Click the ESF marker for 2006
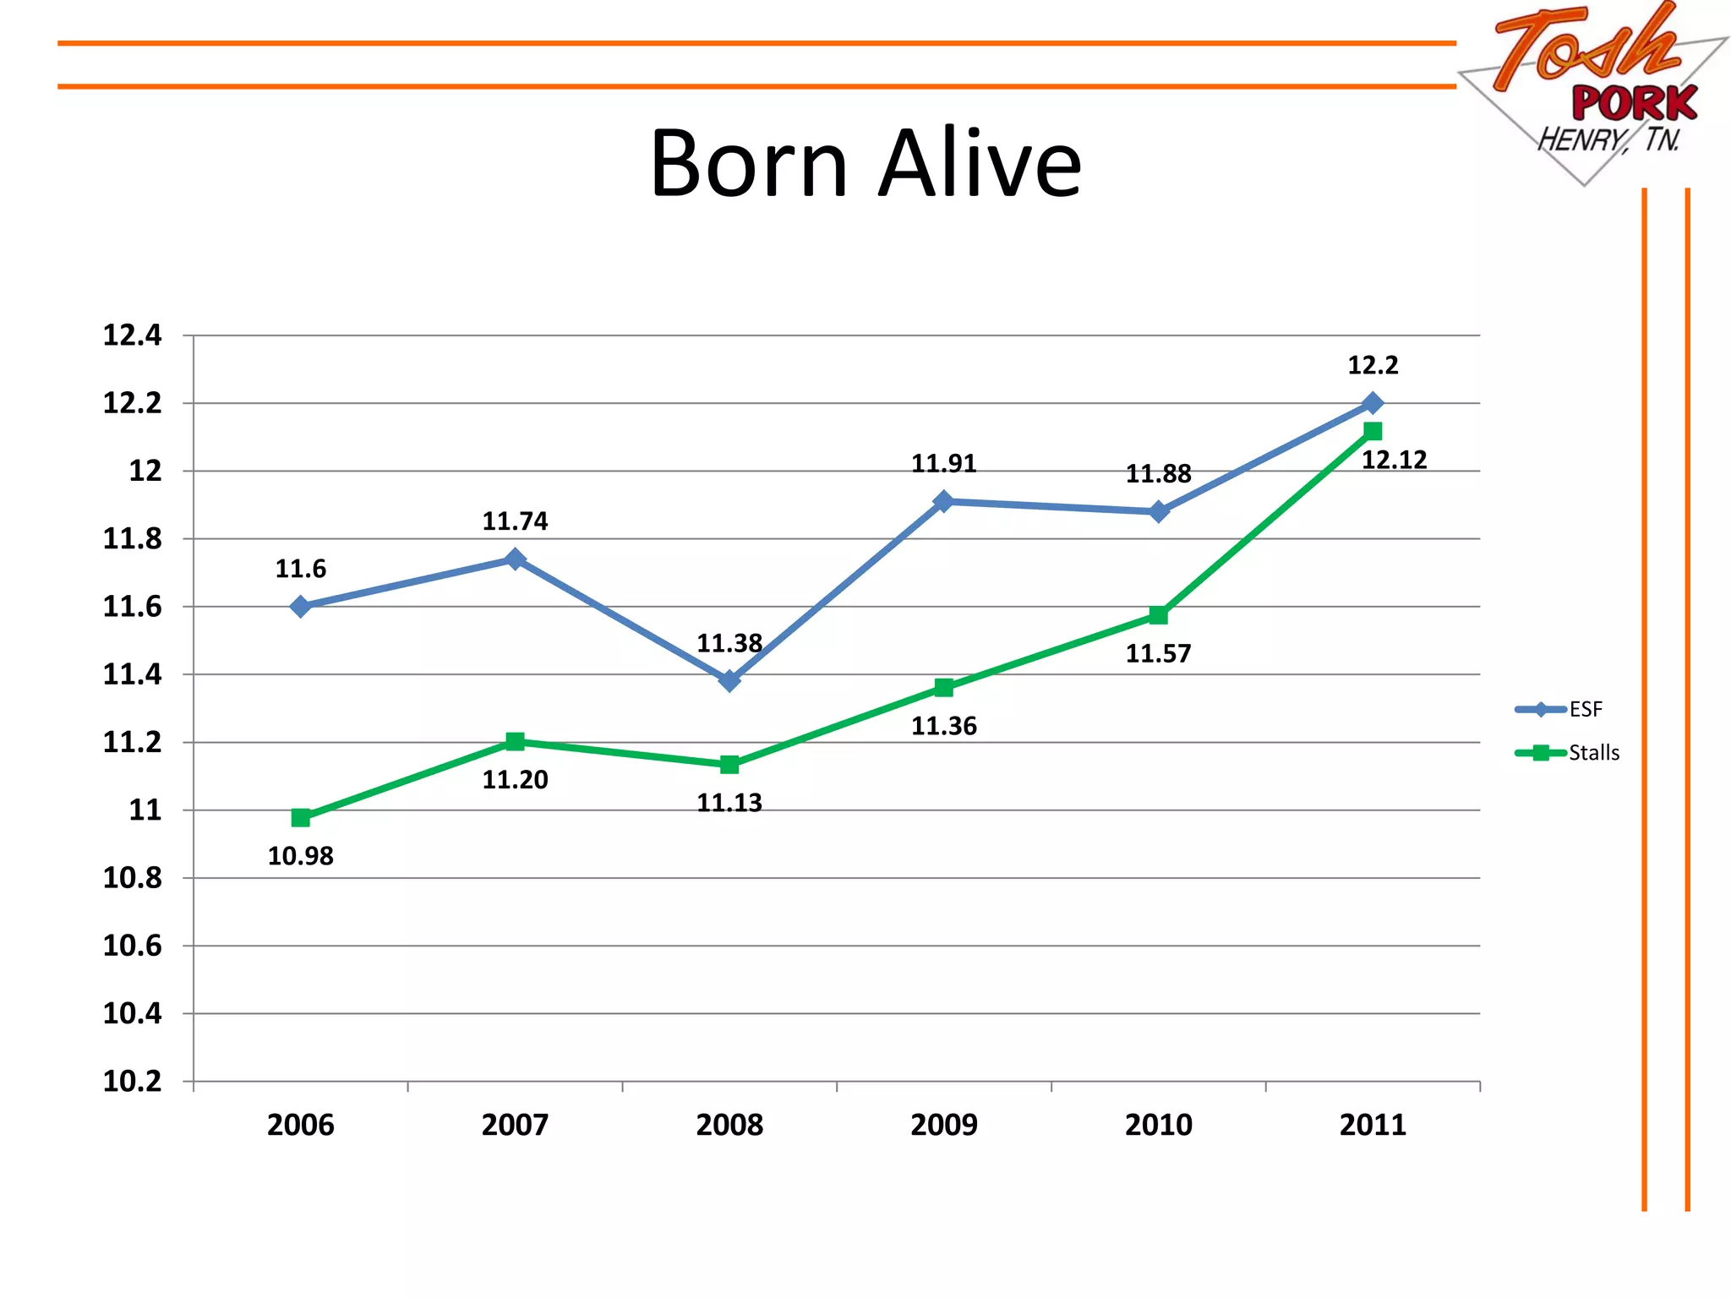point(300,606)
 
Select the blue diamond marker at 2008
point(729,680)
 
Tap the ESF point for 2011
point(1373,403)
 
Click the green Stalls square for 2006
point(300,817)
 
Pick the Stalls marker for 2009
point(944,688)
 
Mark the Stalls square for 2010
point(1159,615)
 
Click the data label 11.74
point(515,521)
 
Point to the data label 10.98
point(300,856)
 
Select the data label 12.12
point(1394,460)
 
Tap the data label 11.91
point(943,463)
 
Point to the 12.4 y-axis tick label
point(132,335)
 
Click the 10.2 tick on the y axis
point(132,1081)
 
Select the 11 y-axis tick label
point(145,810)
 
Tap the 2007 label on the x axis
point(515,1125)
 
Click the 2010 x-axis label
point(1158,1125)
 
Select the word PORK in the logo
point(1634,104)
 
